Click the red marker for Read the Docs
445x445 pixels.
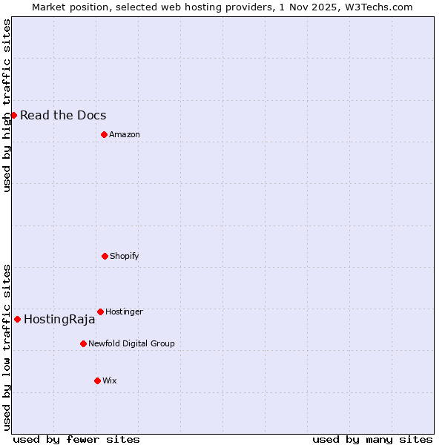(13, 115)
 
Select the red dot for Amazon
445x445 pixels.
(104, 134)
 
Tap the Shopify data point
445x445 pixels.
(105, 256)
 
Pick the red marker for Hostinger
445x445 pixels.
(100, 311)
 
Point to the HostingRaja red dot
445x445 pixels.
(17, 319)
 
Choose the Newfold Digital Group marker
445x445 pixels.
(83, 343)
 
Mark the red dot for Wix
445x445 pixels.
(97, 380)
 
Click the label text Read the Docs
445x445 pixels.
(63, 115)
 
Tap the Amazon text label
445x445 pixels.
(125, 134)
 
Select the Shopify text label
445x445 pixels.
(125, 256)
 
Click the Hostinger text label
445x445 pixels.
(124, 311)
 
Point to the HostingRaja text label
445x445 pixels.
(59, 320)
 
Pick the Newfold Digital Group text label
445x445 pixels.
(131, 343)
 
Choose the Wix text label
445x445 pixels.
(110, 380)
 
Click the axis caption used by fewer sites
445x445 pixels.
(76, 439)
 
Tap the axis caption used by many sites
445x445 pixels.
(372, 439)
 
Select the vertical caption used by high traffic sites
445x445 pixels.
(7, 105)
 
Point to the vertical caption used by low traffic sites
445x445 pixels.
(7, 346)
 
